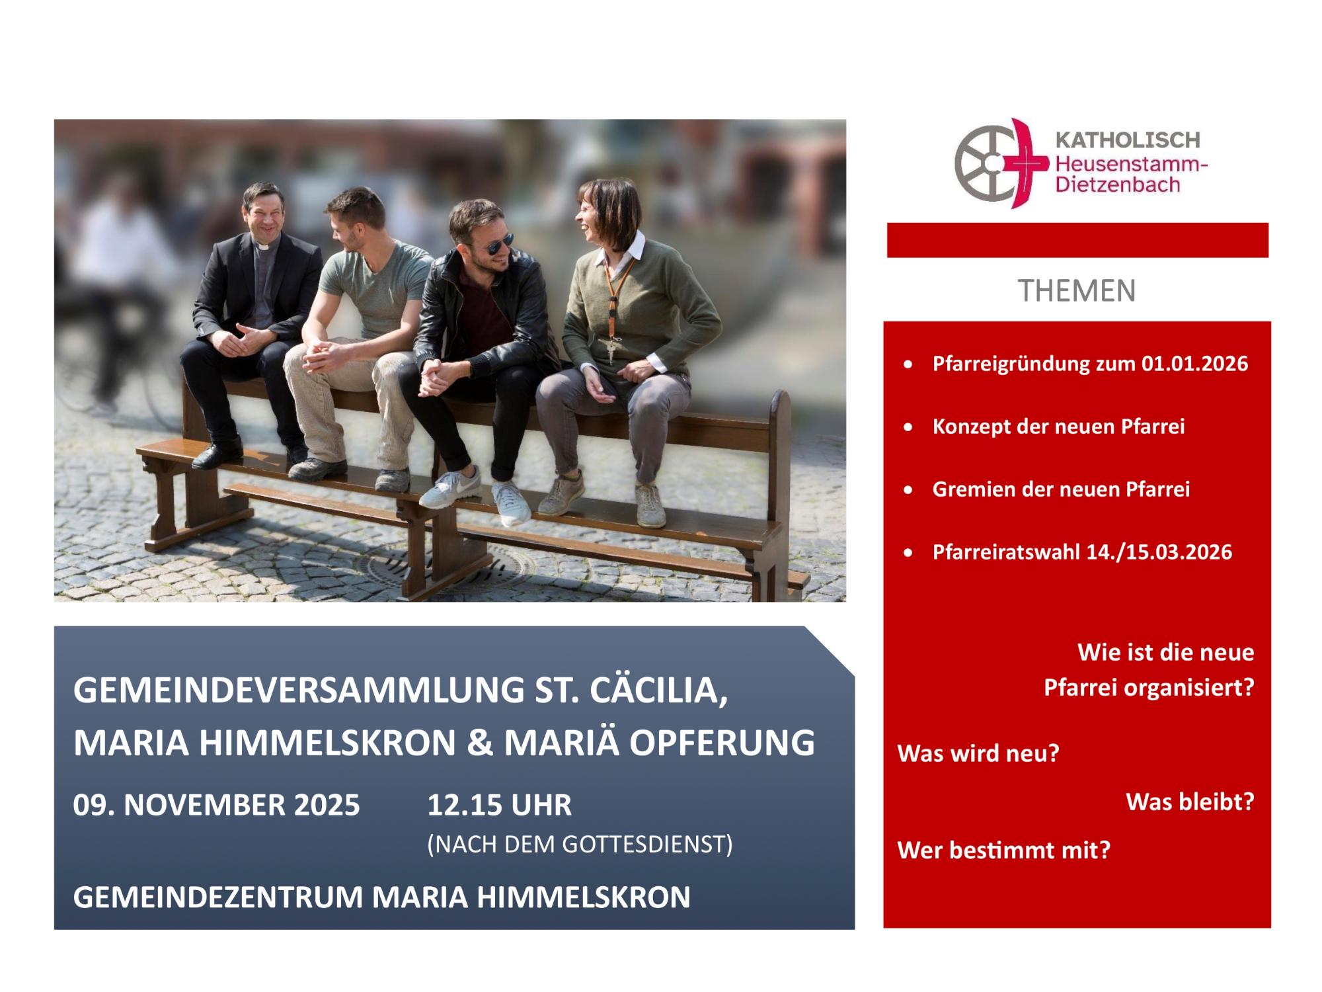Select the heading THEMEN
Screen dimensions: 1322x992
point(1077,291)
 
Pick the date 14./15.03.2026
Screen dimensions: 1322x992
point(1160,552)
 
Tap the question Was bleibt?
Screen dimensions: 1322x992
point(1190,802)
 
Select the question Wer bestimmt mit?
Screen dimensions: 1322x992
point(1004,850)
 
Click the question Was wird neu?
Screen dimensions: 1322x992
point(978,754)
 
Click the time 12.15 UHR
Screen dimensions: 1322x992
point(499,806)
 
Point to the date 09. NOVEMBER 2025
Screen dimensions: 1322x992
point(217,806)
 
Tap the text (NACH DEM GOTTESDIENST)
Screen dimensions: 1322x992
point(580,845)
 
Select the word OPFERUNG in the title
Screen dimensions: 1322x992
point(722,743)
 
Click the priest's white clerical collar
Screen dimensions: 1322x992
point(262,246)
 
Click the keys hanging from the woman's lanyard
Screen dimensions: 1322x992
point(612,348)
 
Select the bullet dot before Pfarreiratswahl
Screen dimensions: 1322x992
point(910,552)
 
